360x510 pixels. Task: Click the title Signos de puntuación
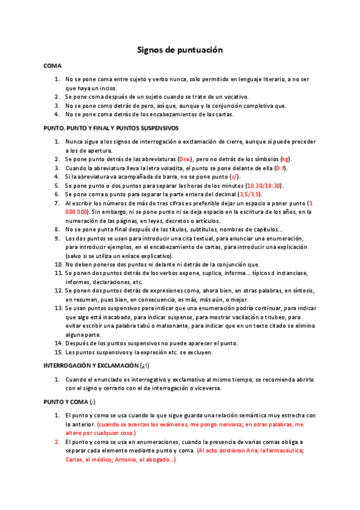pyautogui.click(x=180, y=50)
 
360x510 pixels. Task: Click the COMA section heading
pyautogui.click(x=52, y=65)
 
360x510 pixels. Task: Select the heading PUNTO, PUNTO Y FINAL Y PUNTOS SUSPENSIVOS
pyautogui.click(x=111, y=127)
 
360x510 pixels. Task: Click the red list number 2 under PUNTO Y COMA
pyautogui.click(x=57, y=441)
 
